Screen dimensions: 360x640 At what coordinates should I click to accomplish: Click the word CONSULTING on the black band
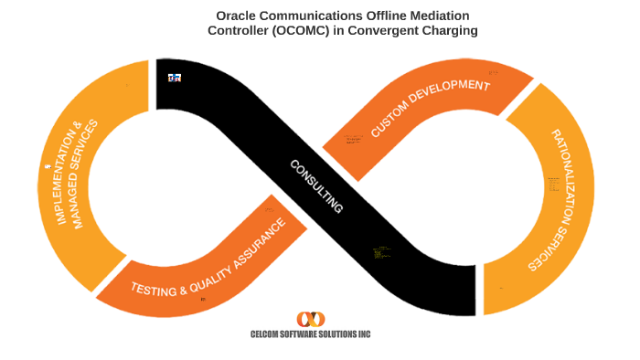pyautogui.click(x=316, y=186)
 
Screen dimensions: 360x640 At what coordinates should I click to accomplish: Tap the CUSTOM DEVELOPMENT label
pyautogui.click(x=431, y=108)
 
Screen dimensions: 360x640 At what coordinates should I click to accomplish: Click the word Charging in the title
pyautogui.click(x=452, y=30)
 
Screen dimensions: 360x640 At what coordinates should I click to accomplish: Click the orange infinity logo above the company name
pyautogui.click(x=311, y=319)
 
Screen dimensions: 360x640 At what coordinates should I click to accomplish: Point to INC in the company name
pyautogui.click(x=365, y=334)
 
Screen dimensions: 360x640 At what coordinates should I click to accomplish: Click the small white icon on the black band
pyautogui.click(x=174, y=79)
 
